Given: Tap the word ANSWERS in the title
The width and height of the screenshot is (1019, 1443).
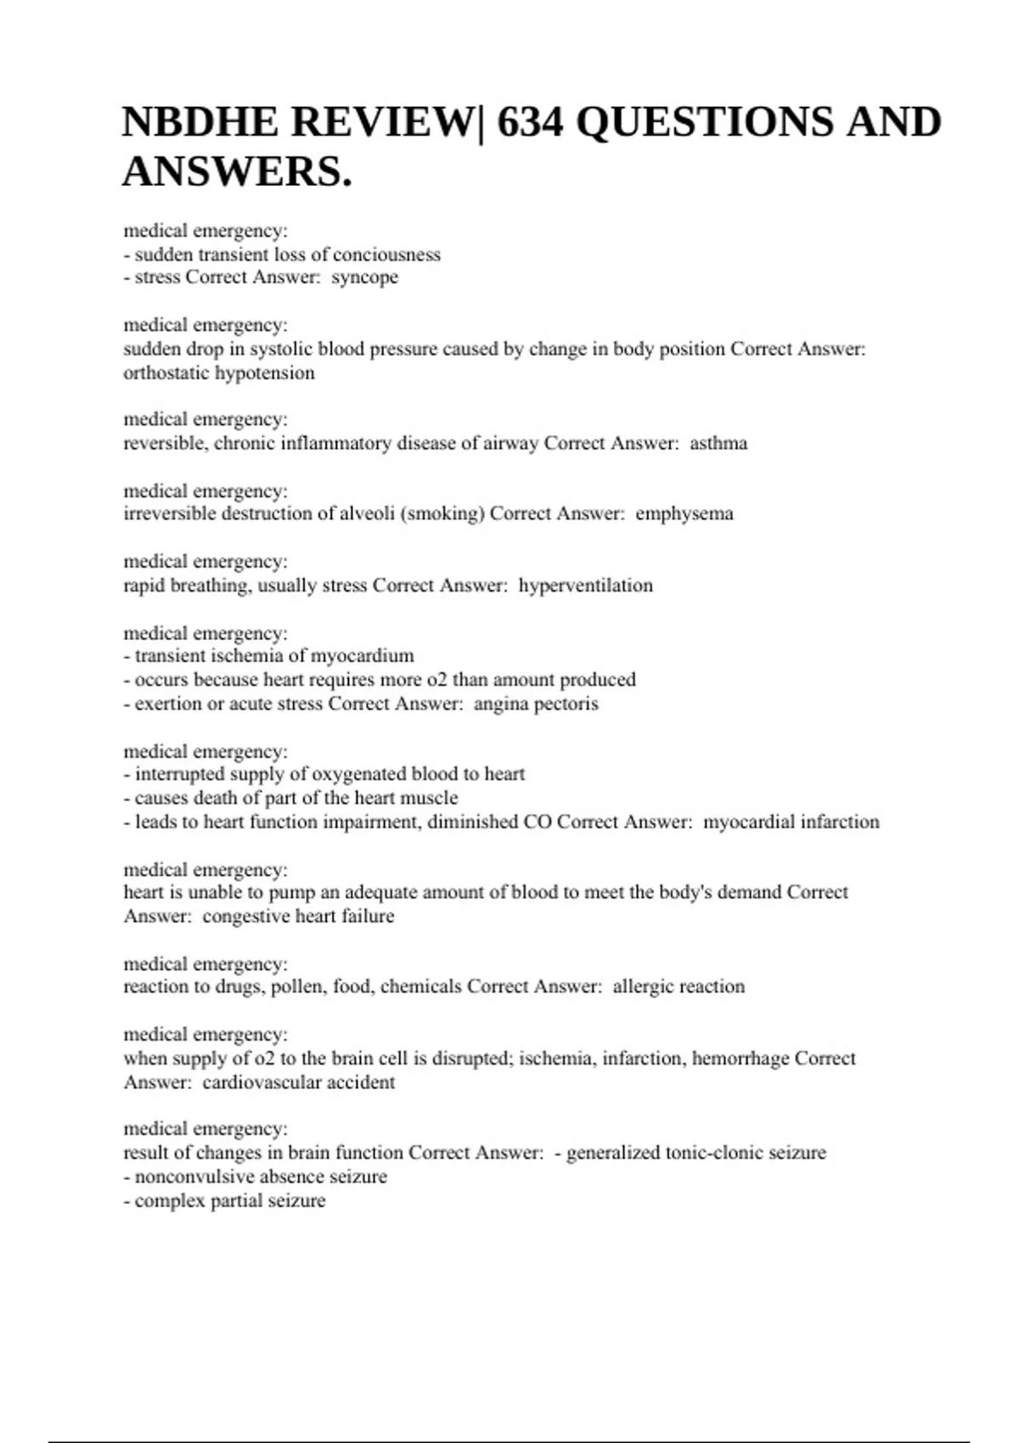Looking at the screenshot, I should [x=232, y=171].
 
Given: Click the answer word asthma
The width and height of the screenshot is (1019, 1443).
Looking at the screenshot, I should [x=718, y=443].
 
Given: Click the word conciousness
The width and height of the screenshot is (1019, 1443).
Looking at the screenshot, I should [x=386, y=255].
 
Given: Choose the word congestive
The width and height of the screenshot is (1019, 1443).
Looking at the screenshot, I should [x=245, y=917].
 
